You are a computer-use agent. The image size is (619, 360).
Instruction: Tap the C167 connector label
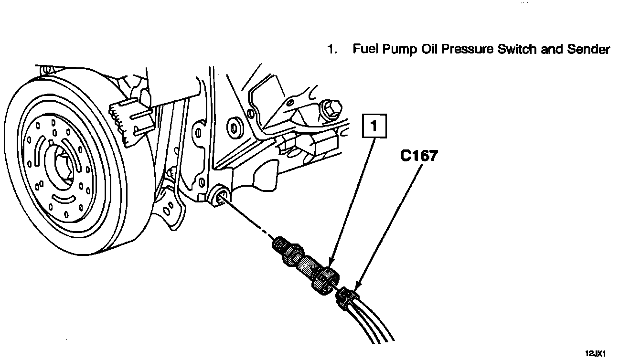pos(419,156)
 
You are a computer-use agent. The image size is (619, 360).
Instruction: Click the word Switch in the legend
pos(517,49)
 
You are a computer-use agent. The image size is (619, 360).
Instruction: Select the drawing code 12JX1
pos(596,353)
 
